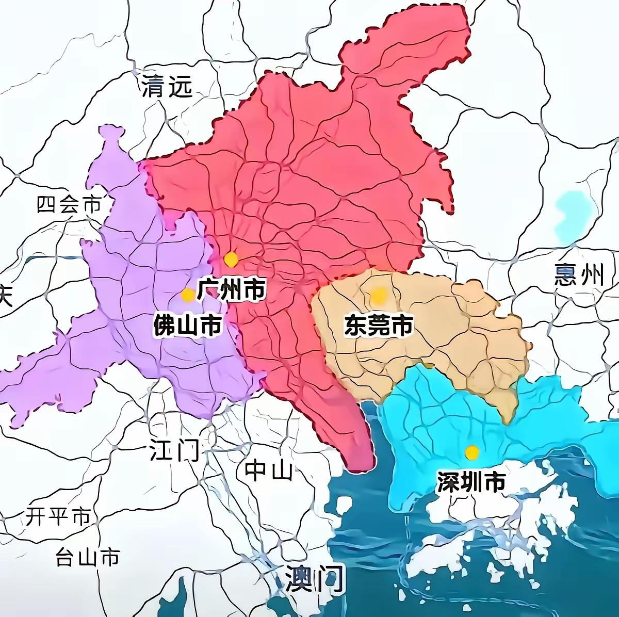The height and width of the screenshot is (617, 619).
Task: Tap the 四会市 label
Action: pos(68,205)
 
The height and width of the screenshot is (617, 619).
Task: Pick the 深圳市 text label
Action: pos(470,482)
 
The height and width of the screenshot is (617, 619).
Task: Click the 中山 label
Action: pos(268,470)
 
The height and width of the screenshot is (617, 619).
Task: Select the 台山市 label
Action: pos(88,557)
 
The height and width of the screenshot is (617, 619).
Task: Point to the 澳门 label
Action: pos(315,579)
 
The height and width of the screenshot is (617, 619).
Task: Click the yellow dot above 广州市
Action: pos(231,259)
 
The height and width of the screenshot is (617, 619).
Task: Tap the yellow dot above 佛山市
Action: pos(188,295)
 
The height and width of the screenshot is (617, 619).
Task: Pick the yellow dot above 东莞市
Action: pos(379,295)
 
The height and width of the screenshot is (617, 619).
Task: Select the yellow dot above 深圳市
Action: pos(471,452)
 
